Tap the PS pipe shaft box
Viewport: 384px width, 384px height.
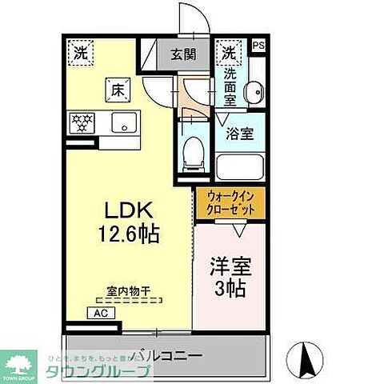[x=258, y=46]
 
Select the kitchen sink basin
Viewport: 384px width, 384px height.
[x=124, y=123]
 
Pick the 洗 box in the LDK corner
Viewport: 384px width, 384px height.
[x=81, y=52]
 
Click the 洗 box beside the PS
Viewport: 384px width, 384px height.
[x=229, y=52]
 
